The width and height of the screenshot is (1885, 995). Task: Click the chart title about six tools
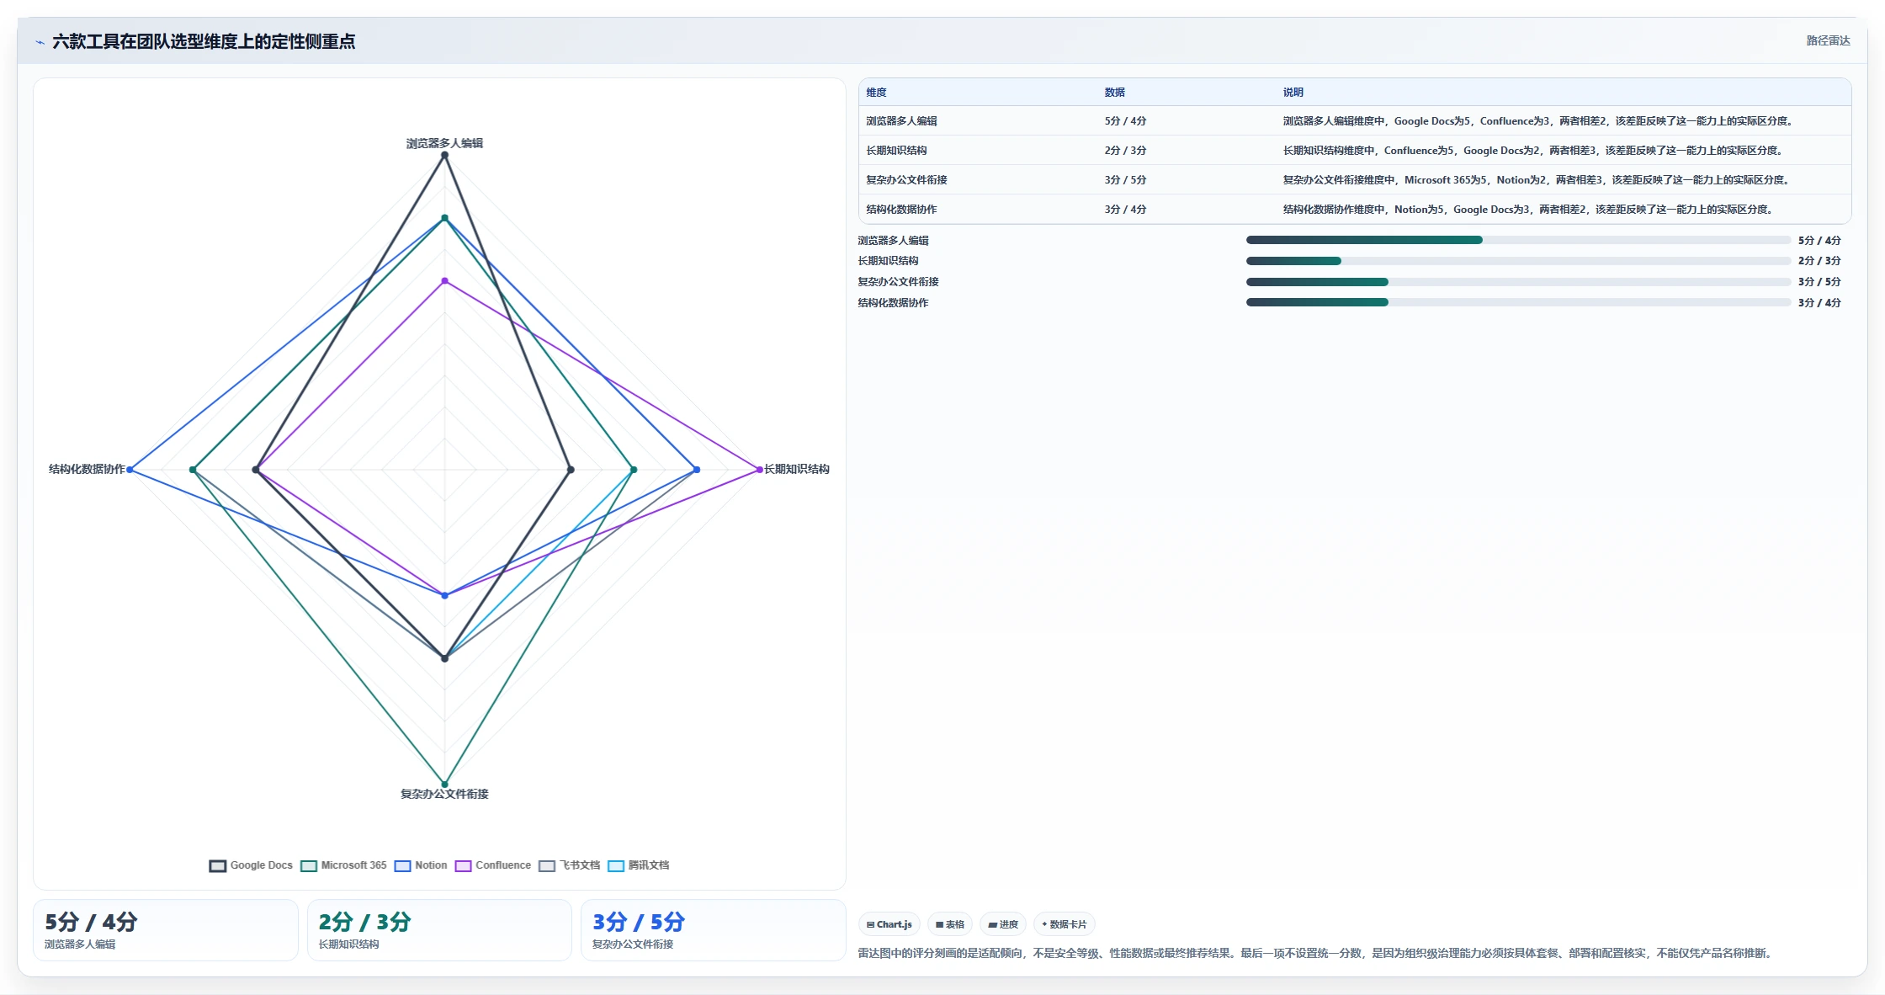[x=204, y=41]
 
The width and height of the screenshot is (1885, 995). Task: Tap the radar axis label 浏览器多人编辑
[x=444, y=143]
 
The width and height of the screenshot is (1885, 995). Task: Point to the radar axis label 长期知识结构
[x=796, y=469]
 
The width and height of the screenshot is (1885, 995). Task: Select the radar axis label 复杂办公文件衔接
[x=444, y=794]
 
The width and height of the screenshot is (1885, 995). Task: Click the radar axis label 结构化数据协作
[x=87, y=469]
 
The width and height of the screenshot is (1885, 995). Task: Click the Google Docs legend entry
[x=251, y=865]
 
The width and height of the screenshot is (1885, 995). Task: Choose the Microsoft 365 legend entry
[x=343, y=865]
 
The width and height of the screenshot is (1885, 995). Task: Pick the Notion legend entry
[x=421, y=865]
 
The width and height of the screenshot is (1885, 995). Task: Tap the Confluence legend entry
[x=493, y=865]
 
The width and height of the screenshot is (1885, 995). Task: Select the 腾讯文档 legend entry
[x=639, y=865]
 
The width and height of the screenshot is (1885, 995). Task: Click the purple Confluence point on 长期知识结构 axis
[x=760, y=470]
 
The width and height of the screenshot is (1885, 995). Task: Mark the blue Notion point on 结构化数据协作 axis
[x=130, y=470]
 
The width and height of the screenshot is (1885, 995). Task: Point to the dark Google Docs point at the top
[x=445, y=155]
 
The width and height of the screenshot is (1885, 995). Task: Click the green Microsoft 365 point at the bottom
[x=445, y=785]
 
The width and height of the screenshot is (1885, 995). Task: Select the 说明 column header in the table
[x=1293, y=93]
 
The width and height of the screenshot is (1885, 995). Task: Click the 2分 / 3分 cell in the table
[x=1125, y=151]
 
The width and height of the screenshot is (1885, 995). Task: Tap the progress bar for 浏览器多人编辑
[x=1518, y=240]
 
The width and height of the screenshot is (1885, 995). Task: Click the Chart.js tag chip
[x=889, y=924]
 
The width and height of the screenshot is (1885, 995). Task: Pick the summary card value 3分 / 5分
[x=639, y=922]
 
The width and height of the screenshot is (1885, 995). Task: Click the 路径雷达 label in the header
[x=1828, y=40]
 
